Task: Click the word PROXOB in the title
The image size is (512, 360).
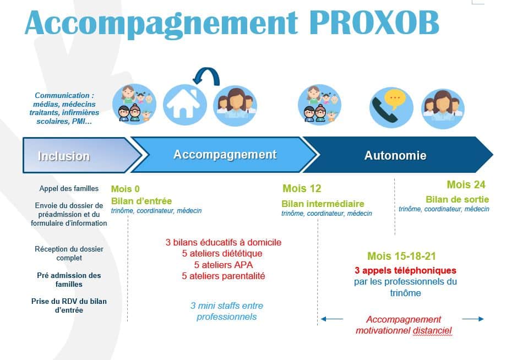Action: (x=374, y=23)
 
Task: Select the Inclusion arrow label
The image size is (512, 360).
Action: (x=64, y=156)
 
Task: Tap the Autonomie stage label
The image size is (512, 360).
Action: (x=395, y=155)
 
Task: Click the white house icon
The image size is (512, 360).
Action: (x=184, y=103)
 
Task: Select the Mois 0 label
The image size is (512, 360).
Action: (x=126, y=189)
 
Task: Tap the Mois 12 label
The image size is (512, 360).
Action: (x=302, y=188)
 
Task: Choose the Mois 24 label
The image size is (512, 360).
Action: (x=466, y=184)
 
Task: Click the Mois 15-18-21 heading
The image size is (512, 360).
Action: (x=402, y=256)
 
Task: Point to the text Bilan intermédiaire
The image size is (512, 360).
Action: (x=323, y=204)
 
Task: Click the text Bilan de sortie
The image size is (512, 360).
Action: (x=457, y=199)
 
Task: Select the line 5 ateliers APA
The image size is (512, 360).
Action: (x=224, y=265)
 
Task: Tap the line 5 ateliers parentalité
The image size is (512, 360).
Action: (x=224, y=276)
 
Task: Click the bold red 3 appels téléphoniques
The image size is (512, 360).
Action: (x=405, y=270)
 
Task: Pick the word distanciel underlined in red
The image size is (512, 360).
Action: (x=432, y=331)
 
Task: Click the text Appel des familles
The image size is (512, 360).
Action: (x=69, y=189)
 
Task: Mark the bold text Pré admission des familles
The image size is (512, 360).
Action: (x=69, y=280)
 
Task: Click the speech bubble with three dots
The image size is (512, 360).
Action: (x=395, y=98)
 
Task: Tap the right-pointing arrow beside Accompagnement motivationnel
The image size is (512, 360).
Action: (x=473, y=319)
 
